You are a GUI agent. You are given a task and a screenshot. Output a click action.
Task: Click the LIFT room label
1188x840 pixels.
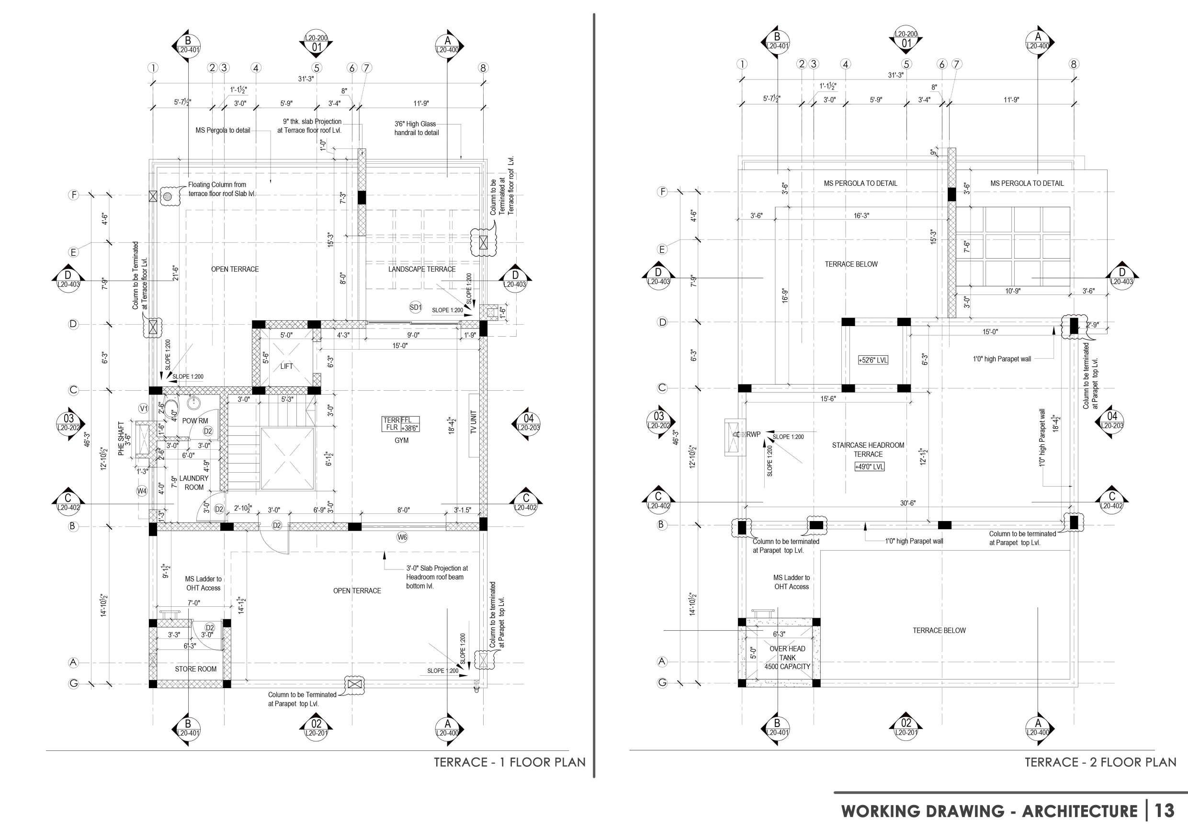(x=287, y=366)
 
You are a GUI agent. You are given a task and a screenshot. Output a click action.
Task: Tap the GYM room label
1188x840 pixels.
(x=402, y=441)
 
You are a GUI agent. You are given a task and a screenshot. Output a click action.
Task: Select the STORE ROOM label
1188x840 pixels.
(x=195, y=669)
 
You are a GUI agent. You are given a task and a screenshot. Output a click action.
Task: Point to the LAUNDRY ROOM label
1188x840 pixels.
(x=194, y=483)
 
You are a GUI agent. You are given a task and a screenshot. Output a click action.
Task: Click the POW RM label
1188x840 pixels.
(x=195, y=421)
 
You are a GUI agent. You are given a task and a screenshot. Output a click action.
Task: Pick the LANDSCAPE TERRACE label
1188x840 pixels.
(x=422, y=269)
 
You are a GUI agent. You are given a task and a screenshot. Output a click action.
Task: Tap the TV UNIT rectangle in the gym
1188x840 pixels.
(x=474, y=425)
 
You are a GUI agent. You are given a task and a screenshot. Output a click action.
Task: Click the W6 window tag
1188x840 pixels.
(x=402, y=537)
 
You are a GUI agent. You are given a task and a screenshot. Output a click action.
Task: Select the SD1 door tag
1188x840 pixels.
(x=416, y=307)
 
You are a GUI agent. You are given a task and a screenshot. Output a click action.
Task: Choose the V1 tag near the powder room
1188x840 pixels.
(x=144, y=409)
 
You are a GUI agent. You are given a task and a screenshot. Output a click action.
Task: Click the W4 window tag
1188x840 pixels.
(x=142, y=491)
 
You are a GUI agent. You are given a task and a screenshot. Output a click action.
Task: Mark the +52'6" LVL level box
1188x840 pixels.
(x=873, y=360)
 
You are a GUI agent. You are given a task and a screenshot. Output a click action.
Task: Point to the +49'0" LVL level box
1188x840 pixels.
(x=869, y=466)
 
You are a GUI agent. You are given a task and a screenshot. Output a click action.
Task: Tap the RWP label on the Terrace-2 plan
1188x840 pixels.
(x=753, y=434)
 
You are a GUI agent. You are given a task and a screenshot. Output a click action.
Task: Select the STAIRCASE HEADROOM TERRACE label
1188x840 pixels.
(x=868, y=449)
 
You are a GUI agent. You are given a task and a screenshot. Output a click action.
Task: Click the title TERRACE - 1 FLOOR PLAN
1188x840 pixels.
(x=509, y=762)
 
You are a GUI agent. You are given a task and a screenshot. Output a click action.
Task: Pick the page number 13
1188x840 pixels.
(x=1165, y=810)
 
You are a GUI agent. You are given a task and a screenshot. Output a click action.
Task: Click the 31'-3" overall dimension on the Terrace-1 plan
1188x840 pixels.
(x=306, y=79)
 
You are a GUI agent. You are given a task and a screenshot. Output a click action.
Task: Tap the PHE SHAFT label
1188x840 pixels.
(x=121, y=438)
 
